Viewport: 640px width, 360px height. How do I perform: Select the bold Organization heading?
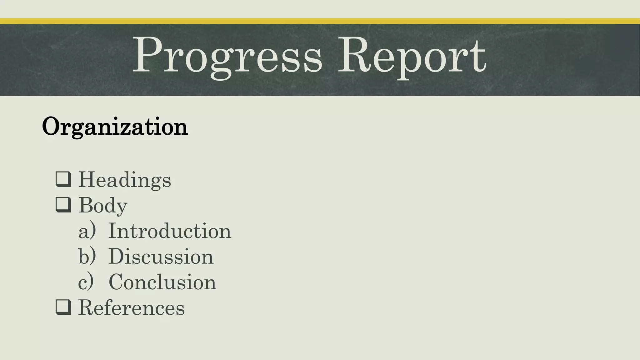click(x=115, y=127)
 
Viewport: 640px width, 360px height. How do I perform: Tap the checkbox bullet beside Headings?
click(x=63, y=179)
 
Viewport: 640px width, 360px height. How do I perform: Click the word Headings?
click(x=125, y=180)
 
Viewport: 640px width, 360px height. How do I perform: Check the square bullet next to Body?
click(x=63, y=205)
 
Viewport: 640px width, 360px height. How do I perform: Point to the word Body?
click(x=103, y=205)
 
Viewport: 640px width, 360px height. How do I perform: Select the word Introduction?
click(x=170, y=231)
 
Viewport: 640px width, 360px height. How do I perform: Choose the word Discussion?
click(x=161, y=257)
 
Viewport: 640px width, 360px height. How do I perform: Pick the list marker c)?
click(x=86, y=282)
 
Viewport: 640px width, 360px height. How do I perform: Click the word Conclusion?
click(x=162, y=282)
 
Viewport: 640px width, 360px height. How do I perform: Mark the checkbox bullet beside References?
click(x=63, y=307)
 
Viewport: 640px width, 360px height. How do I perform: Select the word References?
click(x=131, y=307)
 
